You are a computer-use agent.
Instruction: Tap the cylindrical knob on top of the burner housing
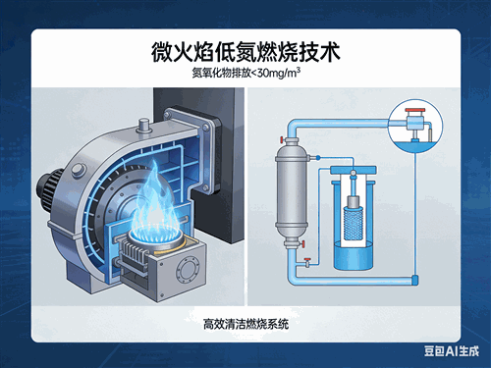(x=144, y=126)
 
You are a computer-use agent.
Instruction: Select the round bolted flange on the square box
(x=188, y=270)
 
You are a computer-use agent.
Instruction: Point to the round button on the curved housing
(x=79, y=171)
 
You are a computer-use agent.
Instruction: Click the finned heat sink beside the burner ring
(x=133, y=256)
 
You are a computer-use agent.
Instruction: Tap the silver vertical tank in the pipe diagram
(x=291, y=192)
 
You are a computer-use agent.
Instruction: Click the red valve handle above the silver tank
(x=281, y=139)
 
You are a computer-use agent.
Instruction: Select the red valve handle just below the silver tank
(x=303, y=244)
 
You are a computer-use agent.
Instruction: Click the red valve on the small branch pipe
(x=307, y=260)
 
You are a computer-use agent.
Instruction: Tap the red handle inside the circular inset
(x=414, y=111)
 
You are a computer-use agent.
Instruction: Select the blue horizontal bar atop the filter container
(x=353, y=170)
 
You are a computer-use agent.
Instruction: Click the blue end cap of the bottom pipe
(x=414, y=280)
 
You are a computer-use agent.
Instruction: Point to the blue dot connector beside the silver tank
(x=317, y=158)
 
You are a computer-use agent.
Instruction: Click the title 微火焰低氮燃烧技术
(x=245, y=52)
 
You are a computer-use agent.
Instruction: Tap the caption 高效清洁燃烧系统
(x=245, y=324)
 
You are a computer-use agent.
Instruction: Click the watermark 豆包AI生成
(x=452, y=351)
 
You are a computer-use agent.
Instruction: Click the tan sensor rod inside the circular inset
(x=429, y=134)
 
